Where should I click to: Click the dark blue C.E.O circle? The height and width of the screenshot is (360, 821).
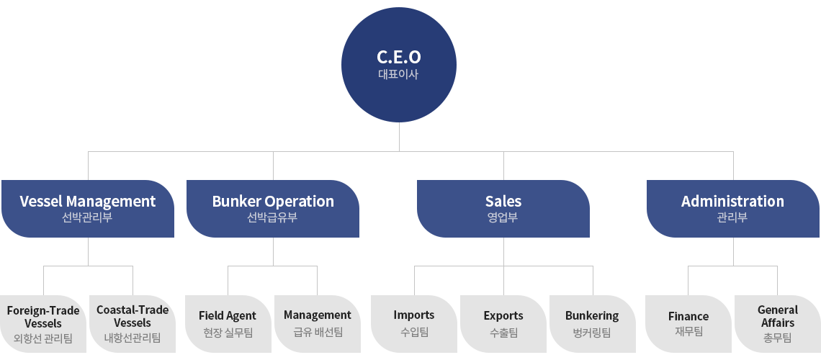399,65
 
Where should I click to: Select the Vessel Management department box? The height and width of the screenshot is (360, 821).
88,209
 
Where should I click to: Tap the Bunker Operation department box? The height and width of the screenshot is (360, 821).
273,209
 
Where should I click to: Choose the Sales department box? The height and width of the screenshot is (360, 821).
503,209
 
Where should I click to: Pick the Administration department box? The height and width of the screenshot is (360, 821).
733,209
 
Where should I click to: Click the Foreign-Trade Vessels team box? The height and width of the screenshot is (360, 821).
43,324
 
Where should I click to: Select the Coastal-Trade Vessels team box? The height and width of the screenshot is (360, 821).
133,324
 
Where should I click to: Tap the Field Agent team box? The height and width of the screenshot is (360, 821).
228,324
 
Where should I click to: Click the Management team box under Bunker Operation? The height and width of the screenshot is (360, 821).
318,324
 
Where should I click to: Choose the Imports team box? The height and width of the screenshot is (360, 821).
414,324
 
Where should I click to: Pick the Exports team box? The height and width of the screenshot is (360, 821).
503,324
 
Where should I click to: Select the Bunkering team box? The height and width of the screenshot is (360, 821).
592,324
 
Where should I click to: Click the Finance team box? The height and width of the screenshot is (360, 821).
688,324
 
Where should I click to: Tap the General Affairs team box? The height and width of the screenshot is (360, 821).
778,324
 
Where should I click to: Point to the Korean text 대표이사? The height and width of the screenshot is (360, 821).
398,73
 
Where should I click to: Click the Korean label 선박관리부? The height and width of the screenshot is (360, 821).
87,217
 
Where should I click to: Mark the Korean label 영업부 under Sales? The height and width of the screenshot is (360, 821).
503,217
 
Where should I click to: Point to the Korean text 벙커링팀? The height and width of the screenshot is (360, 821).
592,332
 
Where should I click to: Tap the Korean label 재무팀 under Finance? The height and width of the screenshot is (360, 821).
688,331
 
